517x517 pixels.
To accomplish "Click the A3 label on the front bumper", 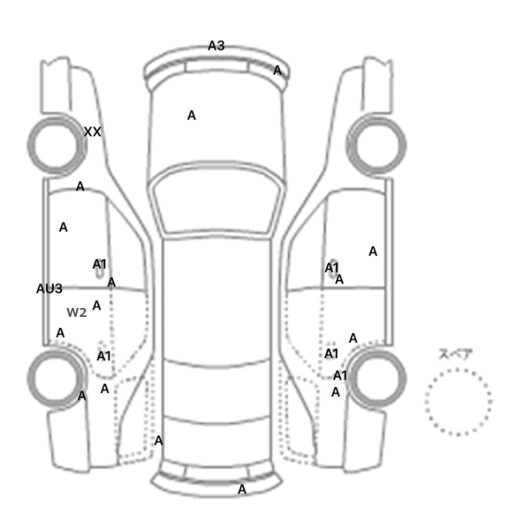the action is (x=216, y=46).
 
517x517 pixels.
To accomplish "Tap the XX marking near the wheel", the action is (x=92, y=132).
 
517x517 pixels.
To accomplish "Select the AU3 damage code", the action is (x=49, y=289).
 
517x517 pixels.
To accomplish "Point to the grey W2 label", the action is (x=77, y=312).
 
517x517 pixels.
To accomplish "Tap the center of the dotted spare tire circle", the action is (x=459, y=402).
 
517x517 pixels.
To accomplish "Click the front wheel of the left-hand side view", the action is (x=56, y=145).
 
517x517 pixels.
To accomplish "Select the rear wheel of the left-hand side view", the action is (x=56, y=379).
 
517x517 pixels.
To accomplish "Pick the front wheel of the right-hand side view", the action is (x=376, y=145).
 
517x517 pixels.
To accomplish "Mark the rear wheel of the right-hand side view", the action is (x=376, y=379).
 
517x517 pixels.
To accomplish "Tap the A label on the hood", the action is (x=191, y=115).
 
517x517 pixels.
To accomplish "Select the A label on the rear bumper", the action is (x=242, y=489).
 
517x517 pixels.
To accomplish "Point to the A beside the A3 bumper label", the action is (x=278, y=70).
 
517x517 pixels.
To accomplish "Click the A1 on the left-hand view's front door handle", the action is (x=99, y=264).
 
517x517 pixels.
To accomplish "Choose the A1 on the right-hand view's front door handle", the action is (x=332, y=267).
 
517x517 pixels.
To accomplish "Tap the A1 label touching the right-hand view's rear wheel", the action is (x=340, y=375).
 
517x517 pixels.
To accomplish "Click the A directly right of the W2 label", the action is (x=97, y=305).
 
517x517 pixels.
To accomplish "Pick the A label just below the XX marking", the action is (x=80, y=187).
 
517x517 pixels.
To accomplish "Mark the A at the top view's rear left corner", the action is (x=159, y=440).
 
